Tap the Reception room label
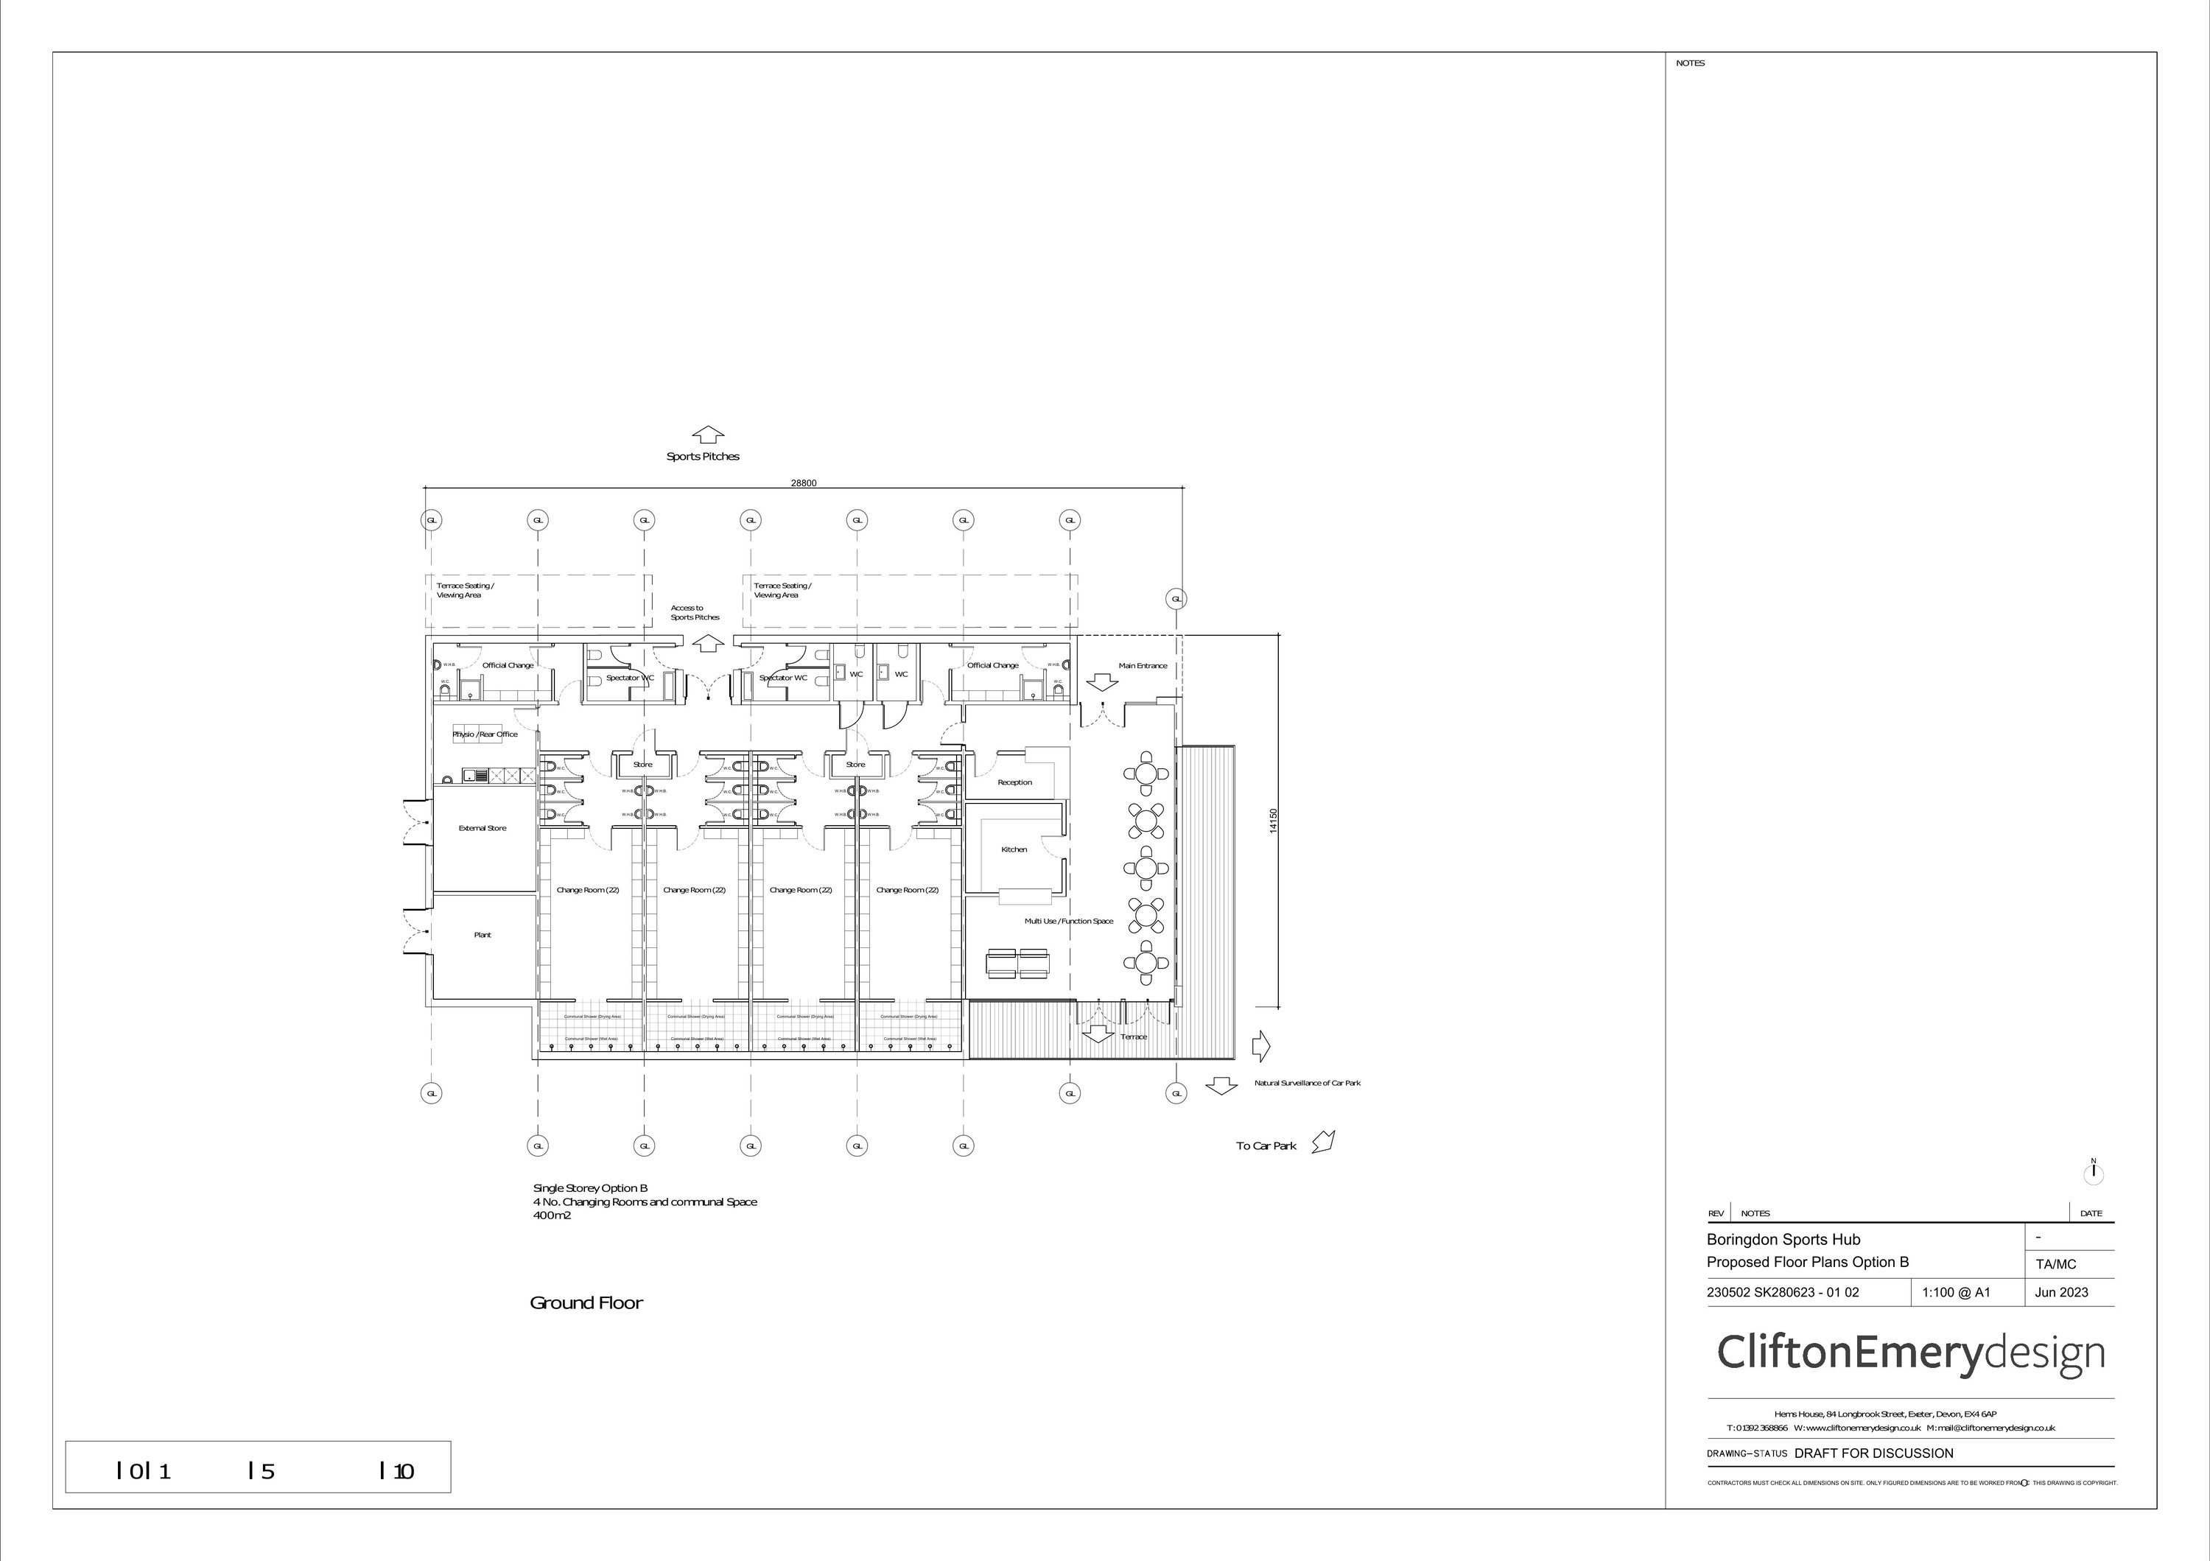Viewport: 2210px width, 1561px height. (x=1014, y=782)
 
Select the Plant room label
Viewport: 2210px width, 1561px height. (x=483, y=935)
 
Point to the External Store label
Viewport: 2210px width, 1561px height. (x=483, y=828)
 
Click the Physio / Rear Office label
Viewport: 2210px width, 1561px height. (x=485, y=734)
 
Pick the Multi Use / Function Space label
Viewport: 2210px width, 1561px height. (x=1068, y=921)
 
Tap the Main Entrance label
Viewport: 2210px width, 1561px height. (x=1143, y=665)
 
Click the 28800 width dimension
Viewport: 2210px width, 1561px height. (x=804, y=483)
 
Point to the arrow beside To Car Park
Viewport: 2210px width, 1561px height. (x=1324, y=1143)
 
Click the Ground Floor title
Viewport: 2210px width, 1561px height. (x=586, y=1303)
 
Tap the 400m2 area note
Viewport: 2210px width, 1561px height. (x=552, y=1216)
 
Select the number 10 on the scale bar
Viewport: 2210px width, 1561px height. (x=403, y=1472)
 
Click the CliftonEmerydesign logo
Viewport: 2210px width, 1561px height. (x=1911, y=1353)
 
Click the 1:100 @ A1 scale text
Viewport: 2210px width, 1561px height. (x=1956, y=1293)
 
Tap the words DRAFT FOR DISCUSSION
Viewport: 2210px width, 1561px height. (x=1873, y=1453)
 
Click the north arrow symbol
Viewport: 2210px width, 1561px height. (x=2093, y=1174)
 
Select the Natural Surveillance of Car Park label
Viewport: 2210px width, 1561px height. (x=1307, y=1084)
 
